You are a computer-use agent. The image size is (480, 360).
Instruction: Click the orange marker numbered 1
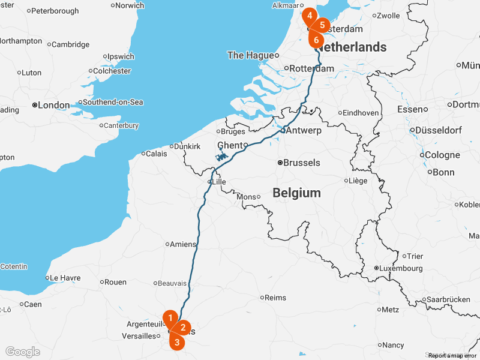coord(171,317)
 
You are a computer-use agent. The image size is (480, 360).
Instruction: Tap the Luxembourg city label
coord(399,268)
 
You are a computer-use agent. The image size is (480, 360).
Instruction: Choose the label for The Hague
coord(250,55)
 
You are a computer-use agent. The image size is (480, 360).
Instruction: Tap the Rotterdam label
coord(311,69)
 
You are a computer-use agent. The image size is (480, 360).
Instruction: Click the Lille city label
coord(218,181)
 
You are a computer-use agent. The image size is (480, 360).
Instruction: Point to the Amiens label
coord(182,244)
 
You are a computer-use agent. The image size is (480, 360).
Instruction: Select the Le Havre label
coord(65,278)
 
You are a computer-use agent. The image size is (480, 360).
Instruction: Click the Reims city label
coord(275,298)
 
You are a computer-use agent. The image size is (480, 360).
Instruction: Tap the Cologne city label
coord(442,155)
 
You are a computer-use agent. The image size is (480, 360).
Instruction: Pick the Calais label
coord(156,154)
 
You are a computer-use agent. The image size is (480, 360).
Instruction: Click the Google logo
coord(23,352)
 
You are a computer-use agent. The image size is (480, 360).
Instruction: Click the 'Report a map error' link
coord(452,356)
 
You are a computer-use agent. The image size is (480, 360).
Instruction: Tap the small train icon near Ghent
coord(221,157)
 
